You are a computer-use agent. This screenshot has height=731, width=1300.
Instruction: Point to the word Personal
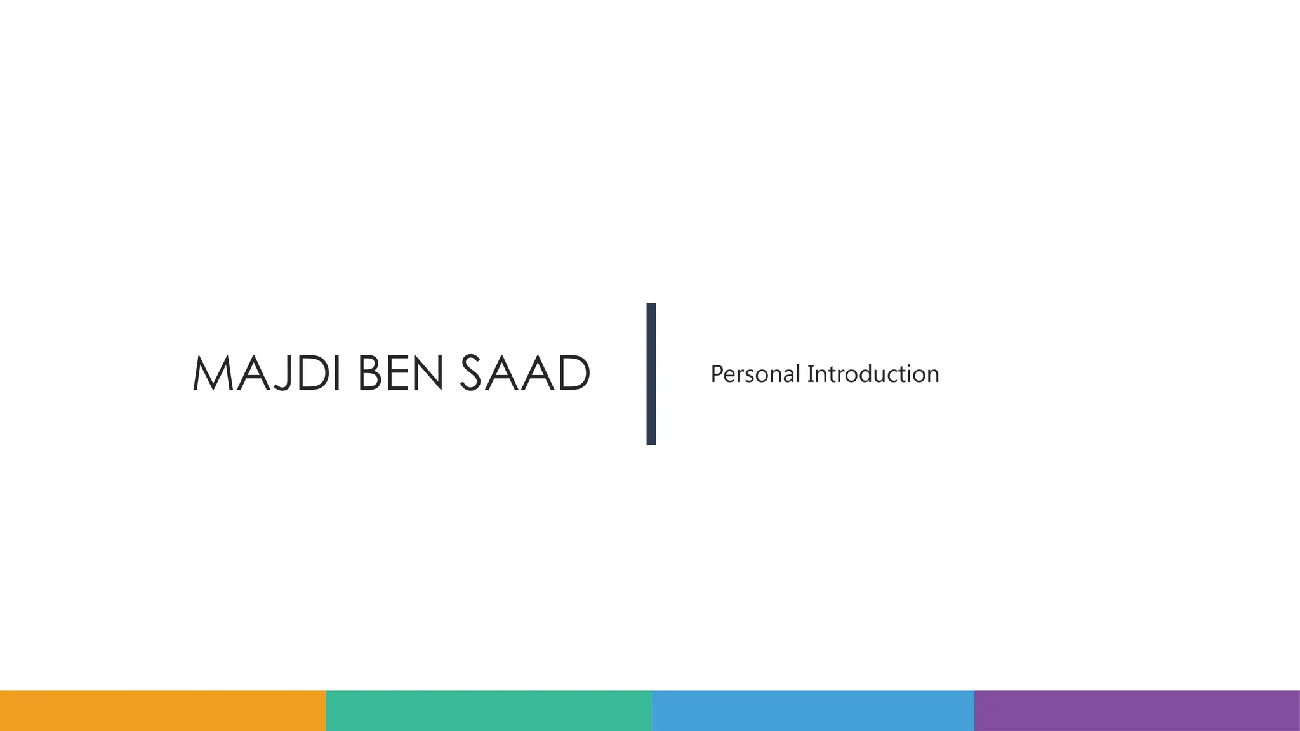click(755, 374)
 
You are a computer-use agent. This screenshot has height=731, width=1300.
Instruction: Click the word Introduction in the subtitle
click(873, 374)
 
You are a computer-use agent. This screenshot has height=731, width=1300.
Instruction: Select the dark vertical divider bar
click(651, 374)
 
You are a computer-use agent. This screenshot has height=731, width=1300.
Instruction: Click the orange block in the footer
click(162, 711)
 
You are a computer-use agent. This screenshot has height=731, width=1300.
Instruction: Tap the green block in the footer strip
click(488, 711)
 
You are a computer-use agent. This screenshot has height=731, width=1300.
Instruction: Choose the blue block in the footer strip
click(812, 711)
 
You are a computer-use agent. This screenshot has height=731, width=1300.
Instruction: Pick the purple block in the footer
click(1137, 711)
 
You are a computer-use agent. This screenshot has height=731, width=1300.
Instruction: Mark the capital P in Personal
click(717, 374)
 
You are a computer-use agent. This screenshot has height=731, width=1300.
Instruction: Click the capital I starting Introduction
click(810, 374)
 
